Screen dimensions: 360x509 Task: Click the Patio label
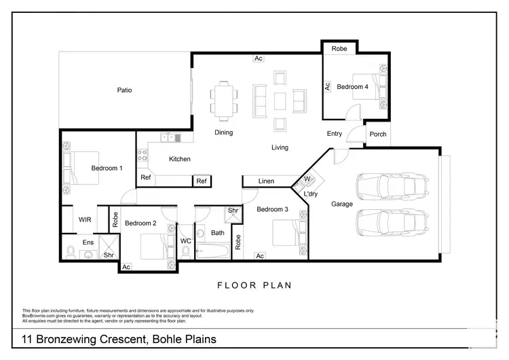[x=124, y=90]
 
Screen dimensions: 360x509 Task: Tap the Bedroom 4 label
[x=354, y=87]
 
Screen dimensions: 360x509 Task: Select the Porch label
[x=378, y=134]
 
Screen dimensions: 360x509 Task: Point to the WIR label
[x=85, y=219]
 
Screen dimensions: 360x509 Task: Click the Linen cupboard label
[x=267, y=181]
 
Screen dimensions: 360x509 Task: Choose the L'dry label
[x=311, y=194]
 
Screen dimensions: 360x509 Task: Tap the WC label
[x=186, y=241]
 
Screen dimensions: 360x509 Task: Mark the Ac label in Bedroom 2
[x=126, y=267]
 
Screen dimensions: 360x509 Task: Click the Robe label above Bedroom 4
[x=339, y=49]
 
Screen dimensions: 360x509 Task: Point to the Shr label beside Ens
[x=109, y=255]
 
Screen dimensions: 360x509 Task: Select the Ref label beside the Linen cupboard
[x=202, y=181]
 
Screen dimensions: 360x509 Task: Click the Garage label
[x=341, y=204]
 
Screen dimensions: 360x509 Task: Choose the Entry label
[x=334, y=134]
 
